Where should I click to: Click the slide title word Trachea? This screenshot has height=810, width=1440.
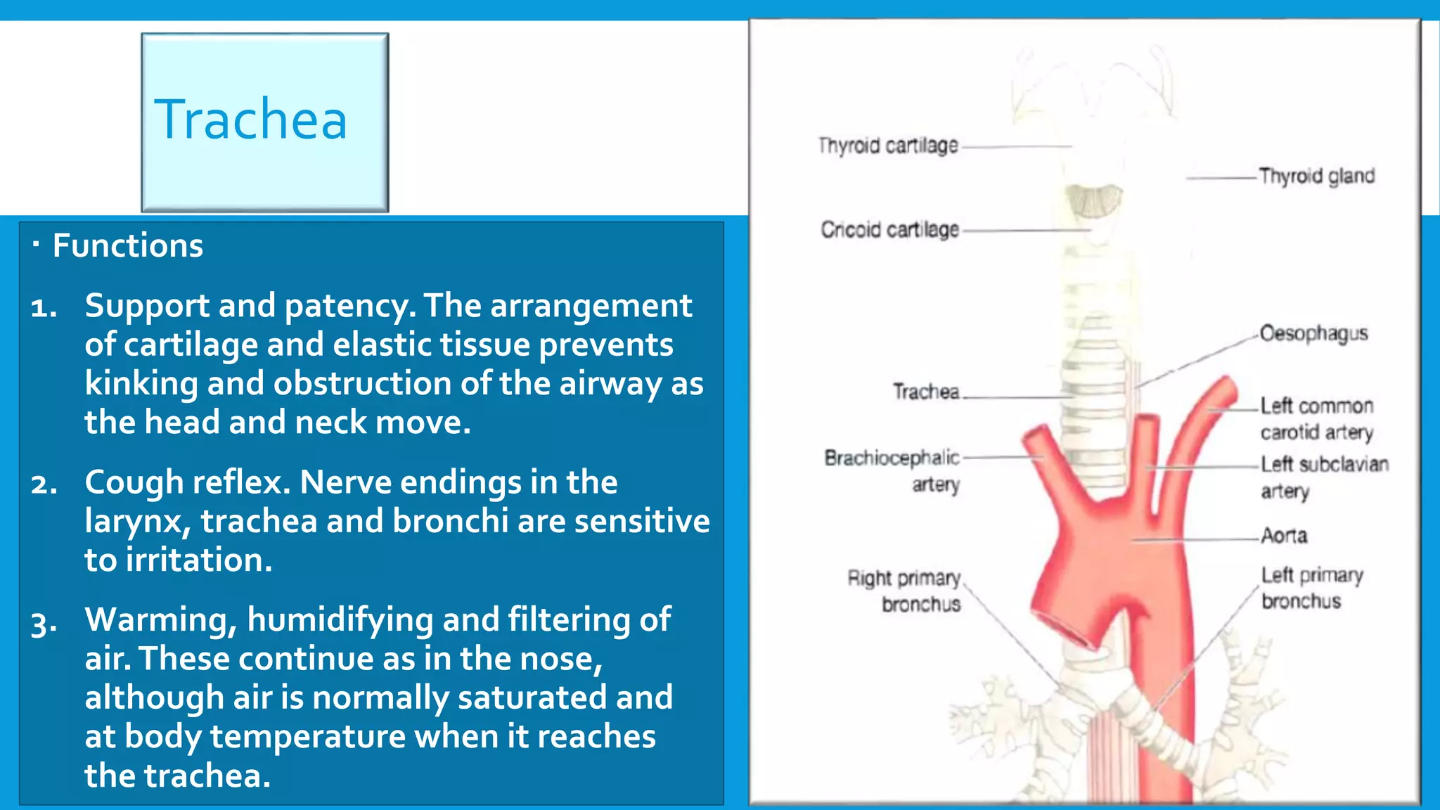[250, 120]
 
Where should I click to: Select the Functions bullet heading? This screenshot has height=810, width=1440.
[127, 246]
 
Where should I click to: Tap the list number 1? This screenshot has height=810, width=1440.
[44, 307]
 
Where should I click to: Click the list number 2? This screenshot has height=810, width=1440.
[44, 484]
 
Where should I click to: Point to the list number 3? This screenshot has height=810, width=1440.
[44, 622]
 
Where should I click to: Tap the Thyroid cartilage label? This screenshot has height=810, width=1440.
[888, 146]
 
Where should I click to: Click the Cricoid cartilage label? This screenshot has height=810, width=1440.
[889, 229]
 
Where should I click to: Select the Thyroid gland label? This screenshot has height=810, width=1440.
[1316, 176]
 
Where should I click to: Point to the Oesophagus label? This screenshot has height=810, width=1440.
[1313, 333]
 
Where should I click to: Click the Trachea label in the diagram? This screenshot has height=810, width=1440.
[925, 392]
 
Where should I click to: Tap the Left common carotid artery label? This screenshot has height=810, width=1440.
[1316, 418]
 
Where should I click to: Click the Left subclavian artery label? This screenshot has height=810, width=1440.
[1324, 477]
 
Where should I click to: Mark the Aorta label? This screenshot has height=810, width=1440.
[1284, 536]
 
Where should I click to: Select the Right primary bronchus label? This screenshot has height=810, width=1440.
[904, 591]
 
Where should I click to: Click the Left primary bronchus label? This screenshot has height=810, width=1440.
[1311, 588]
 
